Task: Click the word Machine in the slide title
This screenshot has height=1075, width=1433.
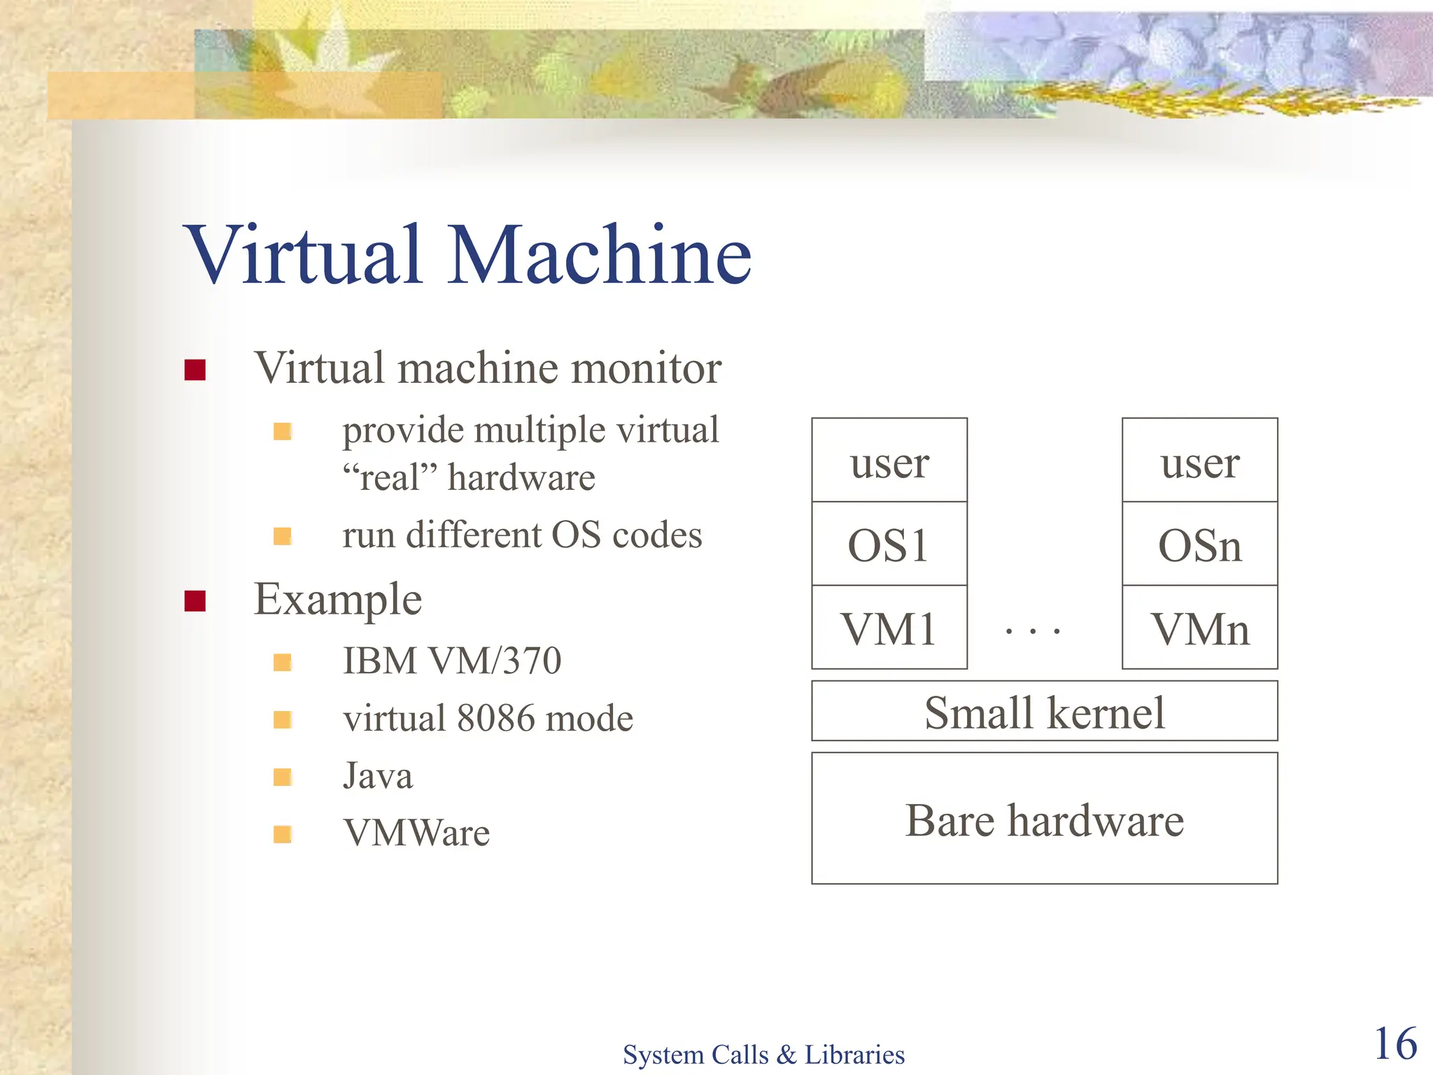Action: point(600,255)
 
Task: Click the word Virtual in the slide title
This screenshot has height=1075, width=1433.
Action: point(304,255)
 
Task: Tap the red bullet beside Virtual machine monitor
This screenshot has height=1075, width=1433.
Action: point(195,370)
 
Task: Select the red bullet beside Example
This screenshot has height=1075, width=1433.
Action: point(195,600)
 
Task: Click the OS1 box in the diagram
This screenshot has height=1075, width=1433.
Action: point(889,544)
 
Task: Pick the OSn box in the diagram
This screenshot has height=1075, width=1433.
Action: point(1200,544)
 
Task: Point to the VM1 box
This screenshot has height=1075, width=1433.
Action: point(889,628)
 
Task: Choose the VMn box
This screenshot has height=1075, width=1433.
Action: point(1200,628)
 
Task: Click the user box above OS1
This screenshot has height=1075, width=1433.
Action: point(889,461)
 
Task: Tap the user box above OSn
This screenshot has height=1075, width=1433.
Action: point(1200,461)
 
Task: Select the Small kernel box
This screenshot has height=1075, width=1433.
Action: point(1045,711)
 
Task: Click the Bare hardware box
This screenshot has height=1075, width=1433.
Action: point(1045,819)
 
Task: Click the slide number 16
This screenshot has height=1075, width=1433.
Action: point(1395,1044)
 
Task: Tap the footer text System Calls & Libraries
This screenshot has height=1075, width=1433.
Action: point(763,1054)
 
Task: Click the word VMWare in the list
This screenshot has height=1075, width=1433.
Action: point(417,833)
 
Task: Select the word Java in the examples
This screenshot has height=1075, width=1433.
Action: point(378,775)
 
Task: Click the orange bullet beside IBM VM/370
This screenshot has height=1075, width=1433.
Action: point(283,662)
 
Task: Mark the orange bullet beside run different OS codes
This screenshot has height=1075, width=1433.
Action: point(283,536)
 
